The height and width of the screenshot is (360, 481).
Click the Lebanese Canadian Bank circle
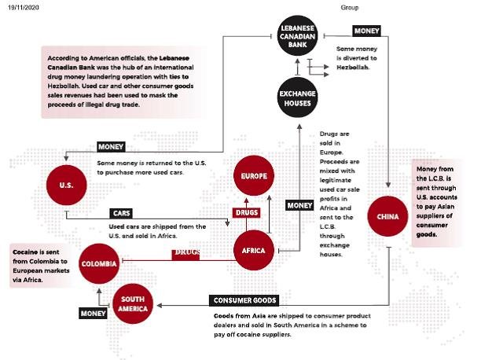click(x=297, y=36)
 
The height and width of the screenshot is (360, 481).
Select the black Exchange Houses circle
click(x=297, y=97)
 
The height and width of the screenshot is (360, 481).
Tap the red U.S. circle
click(x=67, y=185)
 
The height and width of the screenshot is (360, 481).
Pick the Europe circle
click(x=254, y=175)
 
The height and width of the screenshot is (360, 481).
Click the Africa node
click(x=253, y=250)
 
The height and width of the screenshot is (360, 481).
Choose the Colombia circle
click(x=99, y=263)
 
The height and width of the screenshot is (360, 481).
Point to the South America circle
click(x=133, y=304)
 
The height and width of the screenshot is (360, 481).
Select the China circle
click(x=387, y=216)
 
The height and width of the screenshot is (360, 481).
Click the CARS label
click(x=121, y=213)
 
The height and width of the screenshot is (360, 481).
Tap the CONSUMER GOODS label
click(x=244, y=300)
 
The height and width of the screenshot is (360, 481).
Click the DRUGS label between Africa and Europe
click(x=247, y=212)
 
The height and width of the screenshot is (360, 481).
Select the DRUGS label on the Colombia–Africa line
click(x=185, y=254)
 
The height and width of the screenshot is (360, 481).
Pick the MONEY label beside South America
click(x=93, y=314)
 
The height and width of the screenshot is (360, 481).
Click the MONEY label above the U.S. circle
click(x=111, y=147)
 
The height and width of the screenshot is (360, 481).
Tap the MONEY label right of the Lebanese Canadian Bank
click(x=366, y=31)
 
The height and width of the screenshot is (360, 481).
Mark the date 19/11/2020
click(x=24, y=7)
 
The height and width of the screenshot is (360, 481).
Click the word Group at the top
click(x=350, y=7)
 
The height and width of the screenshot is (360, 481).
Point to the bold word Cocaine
click(x=25, y=252)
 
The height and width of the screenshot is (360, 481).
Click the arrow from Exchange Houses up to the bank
click(x=297, y=67)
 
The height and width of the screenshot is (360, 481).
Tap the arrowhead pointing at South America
click(x=160, y=305)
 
